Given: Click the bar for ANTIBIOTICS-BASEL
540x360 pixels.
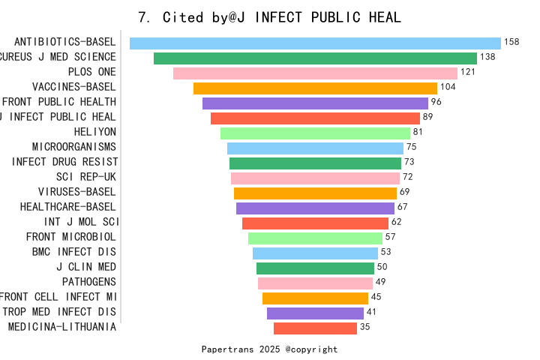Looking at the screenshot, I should point(315,43).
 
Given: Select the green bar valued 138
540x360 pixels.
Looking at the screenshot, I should point(315,58).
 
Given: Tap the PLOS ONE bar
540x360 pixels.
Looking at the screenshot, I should point(315,73).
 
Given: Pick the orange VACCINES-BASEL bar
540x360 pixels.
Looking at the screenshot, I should point(315,88).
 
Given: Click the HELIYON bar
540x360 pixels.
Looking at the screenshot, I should point(315,133).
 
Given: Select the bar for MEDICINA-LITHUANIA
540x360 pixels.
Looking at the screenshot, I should point(315,328).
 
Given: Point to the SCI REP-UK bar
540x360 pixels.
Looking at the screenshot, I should point(315,178).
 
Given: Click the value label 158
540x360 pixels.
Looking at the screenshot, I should point(512,43).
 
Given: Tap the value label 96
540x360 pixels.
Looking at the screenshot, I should point(436,103).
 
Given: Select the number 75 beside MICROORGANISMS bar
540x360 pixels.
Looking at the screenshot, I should point(411,148).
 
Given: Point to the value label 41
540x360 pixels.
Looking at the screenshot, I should point(371,313).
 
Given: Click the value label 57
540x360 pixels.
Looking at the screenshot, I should point(389,238).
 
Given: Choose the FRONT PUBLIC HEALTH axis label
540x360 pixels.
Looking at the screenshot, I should point(59,102).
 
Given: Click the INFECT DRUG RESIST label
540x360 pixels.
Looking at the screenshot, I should point(65,162).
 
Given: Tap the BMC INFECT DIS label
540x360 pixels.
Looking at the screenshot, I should point(74,252).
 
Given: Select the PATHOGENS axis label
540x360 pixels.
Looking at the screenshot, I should point(89,282).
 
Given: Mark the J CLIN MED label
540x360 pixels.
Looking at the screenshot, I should point(86,267).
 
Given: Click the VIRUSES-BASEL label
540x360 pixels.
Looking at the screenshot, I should point(77,192).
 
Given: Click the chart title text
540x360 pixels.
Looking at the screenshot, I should point(270,17).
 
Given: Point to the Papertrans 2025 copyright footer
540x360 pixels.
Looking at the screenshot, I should point(270,349).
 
